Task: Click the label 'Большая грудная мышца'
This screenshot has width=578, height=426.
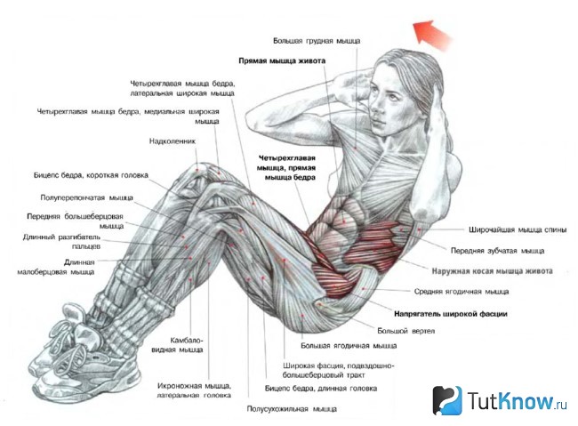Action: tap(317, 41)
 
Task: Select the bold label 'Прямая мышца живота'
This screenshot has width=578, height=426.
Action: tap(282, 60)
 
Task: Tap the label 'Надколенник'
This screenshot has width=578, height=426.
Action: tap(173, 141)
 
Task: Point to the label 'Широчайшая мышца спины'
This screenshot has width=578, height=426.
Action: tap(518, 229)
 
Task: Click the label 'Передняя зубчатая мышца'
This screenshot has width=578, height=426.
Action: tap(497, 251)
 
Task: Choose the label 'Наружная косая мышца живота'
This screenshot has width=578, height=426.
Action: tap(492, 271)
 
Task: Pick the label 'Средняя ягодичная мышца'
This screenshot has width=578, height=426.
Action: tap(462, 292)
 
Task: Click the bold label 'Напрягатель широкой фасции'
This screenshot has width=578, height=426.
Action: tap(451, 314)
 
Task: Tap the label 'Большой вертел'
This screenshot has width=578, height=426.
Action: tap(405, 331)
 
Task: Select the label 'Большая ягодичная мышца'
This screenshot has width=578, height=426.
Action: tap(349, 346)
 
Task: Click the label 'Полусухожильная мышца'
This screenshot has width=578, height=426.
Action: tap(292, 409)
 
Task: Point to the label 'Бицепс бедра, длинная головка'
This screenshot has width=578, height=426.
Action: tap(321, 389)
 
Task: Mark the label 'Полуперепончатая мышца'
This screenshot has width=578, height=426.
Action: tap(86, 198)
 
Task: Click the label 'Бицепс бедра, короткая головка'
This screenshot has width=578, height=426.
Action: tap(91, 175)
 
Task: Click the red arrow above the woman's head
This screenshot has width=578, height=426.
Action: tap(432, 35)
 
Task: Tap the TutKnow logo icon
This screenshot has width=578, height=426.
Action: tap(446, 400)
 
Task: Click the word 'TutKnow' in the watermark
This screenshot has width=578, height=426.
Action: tap(510, 400)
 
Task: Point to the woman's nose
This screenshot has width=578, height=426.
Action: tap(373, 106)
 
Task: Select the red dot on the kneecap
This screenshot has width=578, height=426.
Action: tap(197, 170)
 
